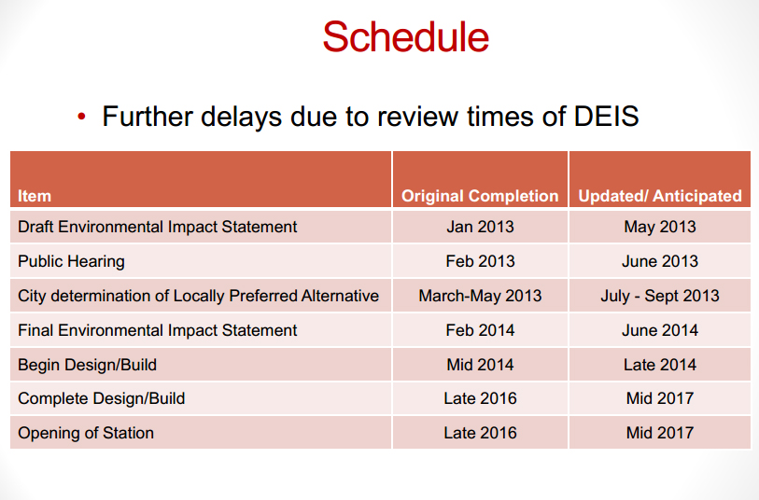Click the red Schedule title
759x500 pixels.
(x=405, y=36)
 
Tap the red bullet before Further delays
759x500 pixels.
(x=81, y=116)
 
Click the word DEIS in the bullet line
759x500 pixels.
(x=606, y=117)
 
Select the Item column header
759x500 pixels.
(x=35, y=196)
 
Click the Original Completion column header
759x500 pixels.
(x=480, y=196)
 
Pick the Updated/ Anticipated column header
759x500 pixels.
(x=660, y=196)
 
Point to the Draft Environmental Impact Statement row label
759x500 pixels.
(x=158, y=227)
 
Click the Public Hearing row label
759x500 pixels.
(x=71, y=261)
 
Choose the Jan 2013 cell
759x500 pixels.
(x=480, y=227)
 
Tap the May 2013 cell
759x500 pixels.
(x=660, y=227)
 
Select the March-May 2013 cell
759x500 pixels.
(x=480, y=296)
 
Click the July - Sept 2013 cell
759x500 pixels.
(x=660, y=296)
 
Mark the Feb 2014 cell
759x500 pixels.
(x=480, y=330)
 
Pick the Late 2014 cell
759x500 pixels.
(x=660, y=365)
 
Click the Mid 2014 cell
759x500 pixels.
(x=480, y=365)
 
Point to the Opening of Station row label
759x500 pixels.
(x=86, y=433)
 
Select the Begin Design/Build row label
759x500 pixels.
(x=87, y=365)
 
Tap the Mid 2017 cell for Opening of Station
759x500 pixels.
(x=660, y=433)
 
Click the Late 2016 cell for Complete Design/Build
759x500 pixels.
(x=480, y=398)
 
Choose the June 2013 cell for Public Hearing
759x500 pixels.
(x=660, y=261)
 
